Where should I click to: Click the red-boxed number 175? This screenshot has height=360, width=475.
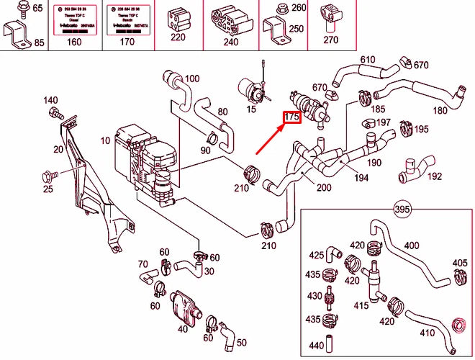(x=291, y=117)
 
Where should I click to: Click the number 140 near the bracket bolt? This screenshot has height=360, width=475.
(x=50, y=100)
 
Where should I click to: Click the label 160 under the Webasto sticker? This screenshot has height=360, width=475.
(x=75, y=42)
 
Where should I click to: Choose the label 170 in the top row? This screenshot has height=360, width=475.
(x=127, y=42)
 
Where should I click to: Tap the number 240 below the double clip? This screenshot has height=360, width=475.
(x=231, y=42)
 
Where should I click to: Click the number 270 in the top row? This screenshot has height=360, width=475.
(x=330, y=40)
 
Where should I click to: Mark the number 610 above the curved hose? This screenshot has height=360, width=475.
(x=368, y=59)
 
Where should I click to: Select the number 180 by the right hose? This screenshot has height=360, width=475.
(x=440, y=110)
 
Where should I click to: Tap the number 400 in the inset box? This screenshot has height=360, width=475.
(x=411, y=246)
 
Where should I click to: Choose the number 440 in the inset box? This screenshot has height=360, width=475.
(x=315, y=345)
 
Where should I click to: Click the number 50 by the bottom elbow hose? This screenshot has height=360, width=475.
(x=241, y=342)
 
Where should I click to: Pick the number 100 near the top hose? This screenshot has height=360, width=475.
(x=192, y=78)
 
